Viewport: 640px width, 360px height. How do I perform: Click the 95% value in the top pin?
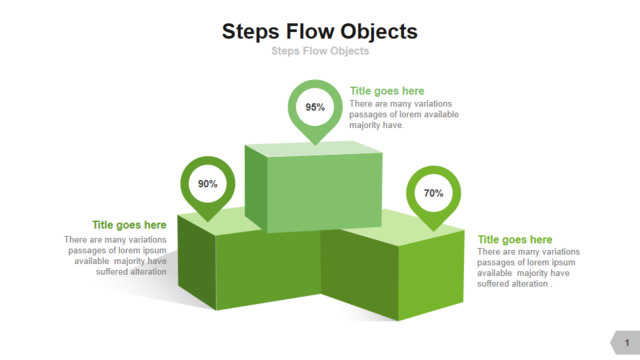pos(315,107)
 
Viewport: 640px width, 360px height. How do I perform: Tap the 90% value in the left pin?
pos(208,184)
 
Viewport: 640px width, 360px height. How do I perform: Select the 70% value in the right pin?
pos(433,193)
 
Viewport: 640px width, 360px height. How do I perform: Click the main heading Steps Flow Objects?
pos(320,32)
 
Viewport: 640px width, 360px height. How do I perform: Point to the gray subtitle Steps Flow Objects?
pos(320,51)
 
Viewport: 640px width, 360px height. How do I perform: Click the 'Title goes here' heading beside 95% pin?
pos(387,91)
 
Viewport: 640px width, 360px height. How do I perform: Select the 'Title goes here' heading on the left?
pos(129,225)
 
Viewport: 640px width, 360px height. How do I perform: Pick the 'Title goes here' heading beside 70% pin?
pos(515,240)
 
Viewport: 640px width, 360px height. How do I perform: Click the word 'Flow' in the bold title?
pos(311,31)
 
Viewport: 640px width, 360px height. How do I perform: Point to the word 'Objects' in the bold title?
pos(379,32)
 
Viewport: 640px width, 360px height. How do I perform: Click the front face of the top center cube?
pos(324,192)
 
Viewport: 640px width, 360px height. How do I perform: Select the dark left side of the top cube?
pos(256,188)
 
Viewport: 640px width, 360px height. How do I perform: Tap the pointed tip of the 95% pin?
pos(315,145)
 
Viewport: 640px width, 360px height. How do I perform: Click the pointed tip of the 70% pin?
pos(433,231)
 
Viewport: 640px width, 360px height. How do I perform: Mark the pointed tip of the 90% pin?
pos(208,222)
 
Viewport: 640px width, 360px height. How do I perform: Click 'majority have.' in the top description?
pos(376,125)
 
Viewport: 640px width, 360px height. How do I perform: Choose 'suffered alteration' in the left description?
pos(131,272)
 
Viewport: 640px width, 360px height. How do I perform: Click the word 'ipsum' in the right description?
pos(563,262)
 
